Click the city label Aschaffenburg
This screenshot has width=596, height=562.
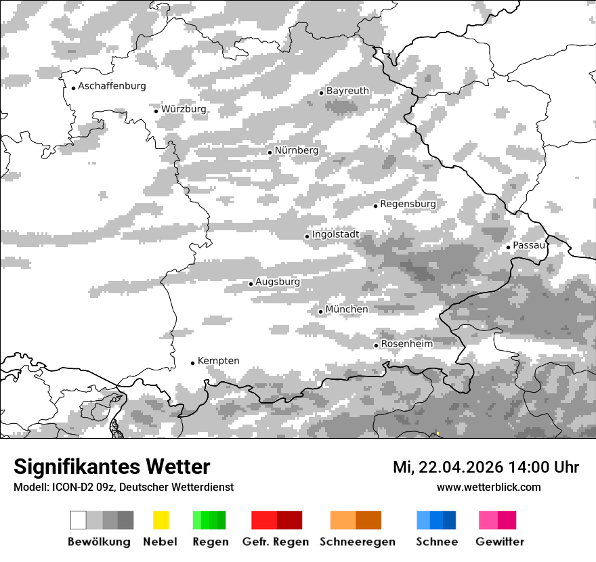pyautogui.click(x=112, y=86)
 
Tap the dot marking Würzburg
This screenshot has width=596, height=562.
pyautogui.click(x=156, y=111)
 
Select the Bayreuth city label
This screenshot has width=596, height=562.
pyautogui.click(x=347, y=91)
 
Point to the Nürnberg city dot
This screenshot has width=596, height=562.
pyautogui.click(x=270, y=152)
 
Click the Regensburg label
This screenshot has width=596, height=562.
pyautogui.click(x=408, y=204)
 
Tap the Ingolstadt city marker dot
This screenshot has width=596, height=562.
pyautogui.click(x=307, y=236)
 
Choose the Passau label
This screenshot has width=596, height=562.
pyautogui.click(x=529, y=245)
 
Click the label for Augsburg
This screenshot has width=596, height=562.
pyautogui.click(x=277, y=282)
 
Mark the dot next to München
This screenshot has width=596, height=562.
pyautogui.click(x=320, y=311)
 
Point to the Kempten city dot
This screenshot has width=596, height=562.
pyautogui.click(x=192, y=363)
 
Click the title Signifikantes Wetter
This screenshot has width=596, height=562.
pyautogui.click(x=112, y=467)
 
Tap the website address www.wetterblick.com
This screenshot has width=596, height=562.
pyautogui.click(x=488, y=487)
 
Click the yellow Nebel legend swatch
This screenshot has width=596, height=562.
pyautogui.click(x=161, y=520)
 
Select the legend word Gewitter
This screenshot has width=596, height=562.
pyautogui.click(x=500, y=542)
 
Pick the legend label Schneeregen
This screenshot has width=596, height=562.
pyautogui.click(x=358, y=542)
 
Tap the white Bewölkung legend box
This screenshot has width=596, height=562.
pyautogui.click(x=78, y=520)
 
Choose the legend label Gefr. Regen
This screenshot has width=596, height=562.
pyautogui.click(x=276, y=542)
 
